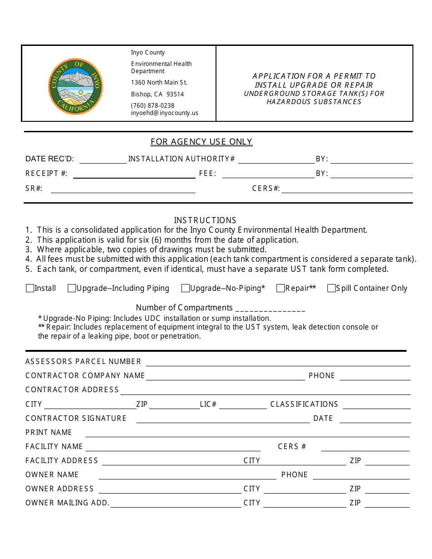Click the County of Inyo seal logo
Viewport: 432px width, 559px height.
tap(75, 86)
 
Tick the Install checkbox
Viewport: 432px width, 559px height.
tap(30, 288)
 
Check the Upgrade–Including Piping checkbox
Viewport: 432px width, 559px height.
tap(71, 288)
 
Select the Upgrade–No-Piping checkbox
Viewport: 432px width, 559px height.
tap(185, 288)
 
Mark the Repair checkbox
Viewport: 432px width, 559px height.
tap(281, 288)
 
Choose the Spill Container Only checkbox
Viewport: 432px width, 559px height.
tap(332, 288)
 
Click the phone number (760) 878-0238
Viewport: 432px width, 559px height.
tap(152, 105)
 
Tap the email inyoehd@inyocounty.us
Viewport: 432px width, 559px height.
tap(165, 113)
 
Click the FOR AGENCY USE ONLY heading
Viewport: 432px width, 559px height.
tap(201, 142)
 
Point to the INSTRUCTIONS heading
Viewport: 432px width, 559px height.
tap(205, 220)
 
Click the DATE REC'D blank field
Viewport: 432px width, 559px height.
tap(103, 160)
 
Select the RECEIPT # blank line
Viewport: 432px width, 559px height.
tap(134, 174)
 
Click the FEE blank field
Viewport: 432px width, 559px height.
tap(268, 174)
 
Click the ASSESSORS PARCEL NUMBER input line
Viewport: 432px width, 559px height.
tap(278, 362)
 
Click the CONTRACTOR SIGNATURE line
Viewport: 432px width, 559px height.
tap(223, 419)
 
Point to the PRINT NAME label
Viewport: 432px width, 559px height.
tap(49, 432)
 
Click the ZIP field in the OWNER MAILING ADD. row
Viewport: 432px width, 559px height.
tap(387, 504)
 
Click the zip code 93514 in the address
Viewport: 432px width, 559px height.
tap(175, 95)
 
